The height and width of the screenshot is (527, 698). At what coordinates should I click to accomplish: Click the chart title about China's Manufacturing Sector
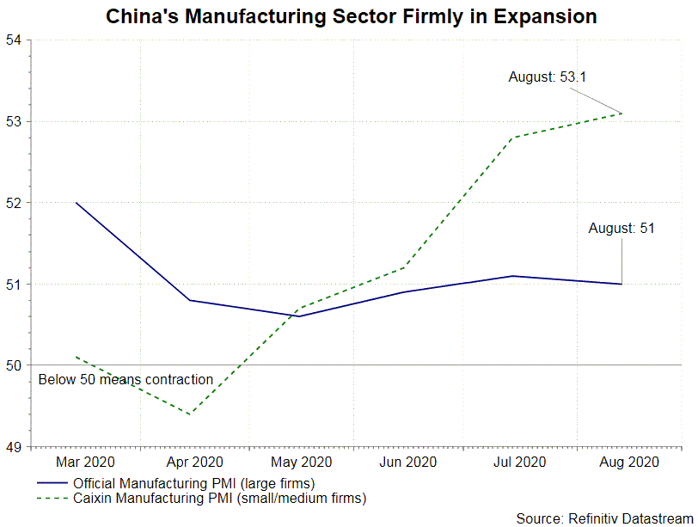click(351, 16)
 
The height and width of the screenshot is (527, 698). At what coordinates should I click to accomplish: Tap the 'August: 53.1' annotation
click(547, 77)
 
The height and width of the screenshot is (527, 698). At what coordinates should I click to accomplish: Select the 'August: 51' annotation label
click(621, 229)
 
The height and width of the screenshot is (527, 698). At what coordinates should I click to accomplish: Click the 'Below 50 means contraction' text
click(126, 379)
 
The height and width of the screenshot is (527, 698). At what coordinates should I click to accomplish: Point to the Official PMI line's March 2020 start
click(77, 203)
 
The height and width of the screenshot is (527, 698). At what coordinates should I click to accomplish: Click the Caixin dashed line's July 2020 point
click(512, 138)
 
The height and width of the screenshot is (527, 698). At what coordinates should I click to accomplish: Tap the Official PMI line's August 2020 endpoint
click(621, 284)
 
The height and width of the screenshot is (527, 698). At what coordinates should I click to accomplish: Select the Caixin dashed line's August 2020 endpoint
click(621, 113)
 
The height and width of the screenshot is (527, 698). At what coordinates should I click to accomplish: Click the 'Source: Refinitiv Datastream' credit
click(605, 518)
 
